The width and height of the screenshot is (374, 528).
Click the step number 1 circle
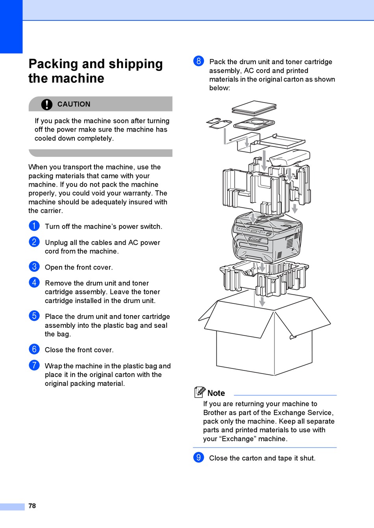tap(34, 226)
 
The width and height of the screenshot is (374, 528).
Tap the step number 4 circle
tap(34, 283)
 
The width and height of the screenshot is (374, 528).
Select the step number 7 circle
tap(34, 365)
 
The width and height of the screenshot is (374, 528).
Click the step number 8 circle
tap(199, 61)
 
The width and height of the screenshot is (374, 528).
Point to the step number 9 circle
tap(199, 457)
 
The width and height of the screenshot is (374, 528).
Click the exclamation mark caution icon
tap(46, 104)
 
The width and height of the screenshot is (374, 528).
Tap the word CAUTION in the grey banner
tap(74, 104)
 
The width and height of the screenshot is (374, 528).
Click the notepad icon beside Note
tap(200, 392)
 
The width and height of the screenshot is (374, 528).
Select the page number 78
tap(32, 506)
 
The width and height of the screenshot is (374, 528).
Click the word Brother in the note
tap(216, 413)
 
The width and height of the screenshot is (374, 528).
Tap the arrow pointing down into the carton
tap(262, 301)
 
